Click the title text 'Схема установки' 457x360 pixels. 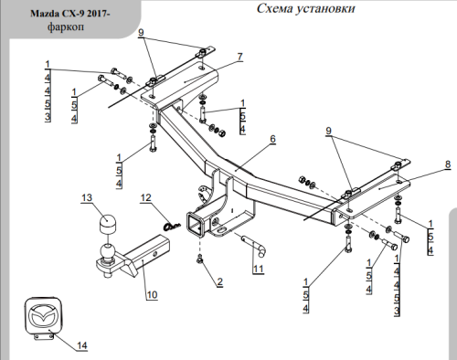pyautogui.click(x=305, y=8)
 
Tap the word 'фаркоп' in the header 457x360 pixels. pyautogui.click(x=66, y=26)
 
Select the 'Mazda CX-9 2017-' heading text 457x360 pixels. pyautogui.click(x=70, y=14)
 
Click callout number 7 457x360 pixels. pyautogui.click(x=240, y=57)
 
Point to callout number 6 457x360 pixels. pyautogui.click(x=272, y=139)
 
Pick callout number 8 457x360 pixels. pyautogui.click(x=448, y=164)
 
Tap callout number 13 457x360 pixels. pyautogui.click(x=87, y=197)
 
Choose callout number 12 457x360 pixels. pyautogui.click(x=145, y=197)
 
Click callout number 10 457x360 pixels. pyautogui.click(x=152, y=294)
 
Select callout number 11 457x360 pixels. pyautogui.click(x=259, y=269)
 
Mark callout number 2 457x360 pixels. pyautogui.click(x=219, y=281)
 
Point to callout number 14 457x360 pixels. pyautogui.click(x=82, y=345)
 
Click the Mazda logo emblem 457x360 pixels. pyautogui.click(x=44, y=317)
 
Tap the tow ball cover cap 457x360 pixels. pyautogui.click(x=107, y=224)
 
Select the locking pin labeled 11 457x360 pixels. pyautogui.click(x=255, y=246)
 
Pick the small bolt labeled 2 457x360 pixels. pyautogui.click(x=199, y=259)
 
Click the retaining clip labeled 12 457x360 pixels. pyautogui.click(x=172, y=226)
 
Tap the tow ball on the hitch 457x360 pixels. pyautogui.click(x=107, y=251)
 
